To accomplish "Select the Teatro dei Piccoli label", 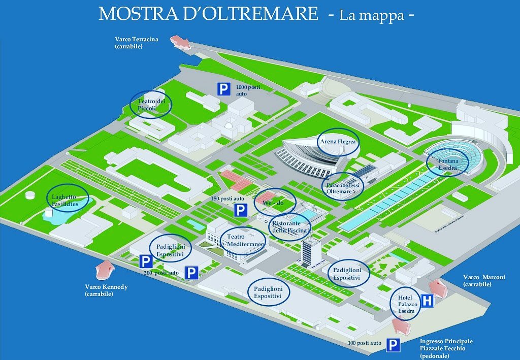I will pos(151,105).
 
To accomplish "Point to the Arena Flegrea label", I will pos(338,142).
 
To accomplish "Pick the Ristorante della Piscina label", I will pos(288,226).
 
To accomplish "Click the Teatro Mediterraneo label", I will pos(242,240).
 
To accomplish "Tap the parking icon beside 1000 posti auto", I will pos(223,90).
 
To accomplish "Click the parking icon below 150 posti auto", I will pos(240,209).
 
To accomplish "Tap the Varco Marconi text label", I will pos(484,280).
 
